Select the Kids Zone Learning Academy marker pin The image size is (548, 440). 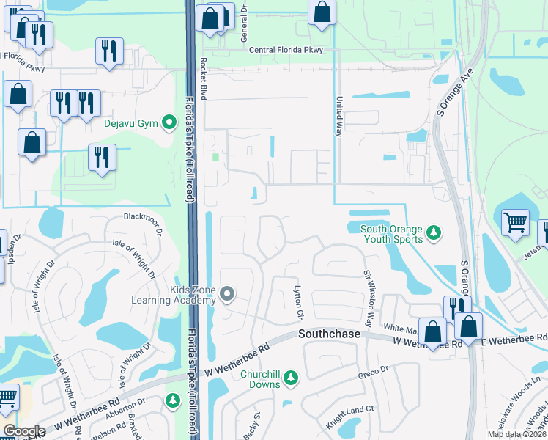point(227,294)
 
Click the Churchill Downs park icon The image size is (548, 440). point(292,378)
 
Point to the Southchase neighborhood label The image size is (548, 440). point(329,334)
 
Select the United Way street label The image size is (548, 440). point(339,117)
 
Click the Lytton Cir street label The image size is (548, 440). point(298,302)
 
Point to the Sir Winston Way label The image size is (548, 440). point(369,298)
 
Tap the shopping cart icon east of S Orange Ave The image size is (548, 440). point(516,221)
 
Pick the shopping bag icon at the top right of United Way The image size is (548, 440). point(322,12)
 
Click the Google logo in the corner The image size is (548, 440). point(24,431)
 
